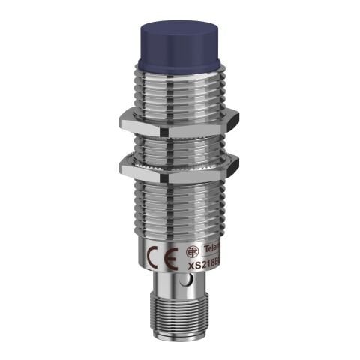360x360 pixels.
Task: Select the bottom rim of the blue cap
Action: (x=178, y=70)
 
